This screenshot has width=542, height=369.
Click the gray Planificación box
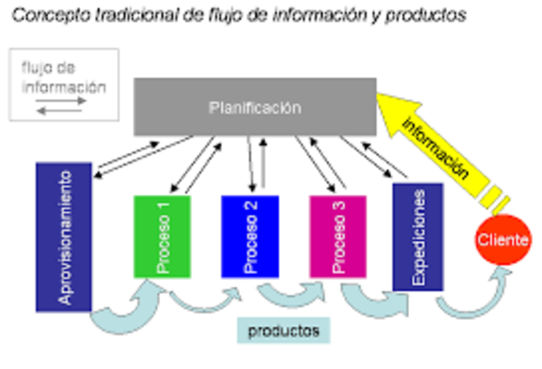(x=254, y=107)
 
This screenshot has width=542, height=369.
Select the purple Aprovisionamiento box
(x=64, y=237)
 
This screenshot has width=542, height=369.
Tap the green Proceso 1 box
(x=162, y=236)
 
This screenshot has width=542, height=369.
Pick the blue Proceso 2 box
(x=250, y=236)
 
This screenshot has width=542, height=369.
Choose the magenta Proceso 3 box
(x=337, y=236)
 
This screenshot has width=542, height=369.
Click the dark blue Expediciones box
(x=418, y=237)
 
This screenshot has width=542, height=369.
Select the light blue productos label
(x=284, y=331)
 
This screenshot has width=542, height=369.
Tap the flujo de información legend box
(x=64, y=83)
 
